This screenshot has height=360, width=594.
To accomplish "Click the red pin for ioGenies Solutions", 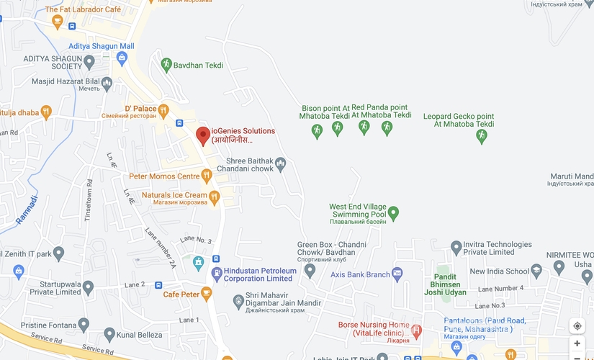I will point(203,135).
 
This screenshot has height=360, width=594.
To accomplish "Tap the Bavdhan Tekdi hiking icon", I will point(166,65).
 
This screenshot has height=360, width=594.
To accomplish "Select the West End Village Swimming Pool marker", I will point(393,213).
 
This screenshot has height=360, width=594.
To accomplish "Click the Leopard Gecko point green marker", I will point(482,136).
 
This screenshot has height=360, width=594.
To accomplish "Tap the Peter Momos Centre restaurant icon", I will point(207,176).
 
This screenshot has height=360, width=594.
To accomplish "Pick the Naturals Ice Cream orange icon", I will point(214,195).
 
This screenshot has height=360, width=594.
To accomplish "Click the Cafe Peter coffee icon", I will point(207,294).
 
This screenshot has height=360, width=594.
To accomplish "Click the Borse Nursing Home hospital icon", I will point(416,330).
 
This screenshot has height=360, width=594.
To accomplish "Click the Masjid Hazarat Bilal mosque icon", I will point(107,84).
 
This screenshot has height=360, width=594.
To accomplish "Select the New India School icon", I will point(536,271).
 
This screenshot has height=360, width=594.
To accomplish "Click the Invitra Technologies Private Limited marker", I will point(456,248).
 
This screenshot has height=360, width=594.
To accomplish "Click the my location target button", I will point(577,326).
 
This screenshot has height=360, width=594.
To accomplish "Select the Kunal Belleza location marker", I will point(109,334).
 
